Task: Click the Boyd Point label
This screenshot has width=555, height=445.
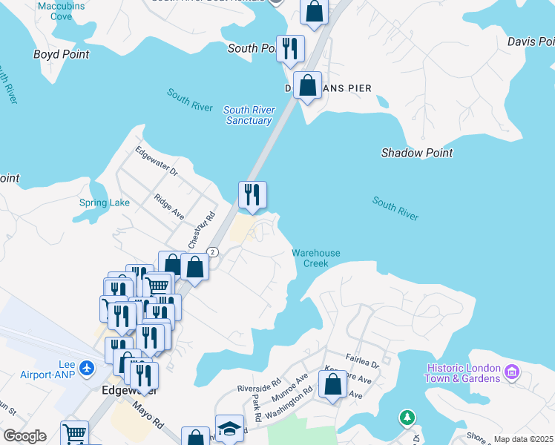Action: click(x=61, y=54)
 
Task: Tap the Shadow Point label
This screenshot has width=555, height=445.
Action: click(x=416, y=153)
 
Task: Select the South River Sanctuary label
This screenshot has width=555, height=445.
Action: click(x=249, y=115)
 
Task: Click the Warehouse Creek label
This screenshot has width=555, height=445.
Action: click(x=315, y=258)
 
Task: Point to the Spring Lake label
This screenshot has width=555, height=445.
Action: click(x=104, y=202)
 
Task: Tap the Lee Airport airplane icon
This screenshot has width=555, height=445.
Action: click(x=88, y=367)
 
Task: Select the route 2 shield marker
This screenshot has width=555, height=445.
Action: click(x=213, y=252)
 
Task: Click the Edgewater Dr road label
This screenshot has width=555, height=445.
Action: click(x=157, y=161)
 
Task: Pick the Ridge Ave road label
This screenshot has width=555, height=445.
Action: click(x=169, y=206)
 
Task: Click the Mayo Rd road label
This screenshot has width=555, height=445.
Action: click(x=148, y=414)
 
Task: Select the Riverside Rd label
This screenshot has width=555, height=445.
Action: click(x=259, y=386)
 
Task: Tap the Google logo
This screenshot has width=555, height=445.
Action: click(x=24, y=436)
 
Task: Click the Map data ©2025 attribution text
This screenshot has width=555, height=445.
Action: click(x=523, y=439)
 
